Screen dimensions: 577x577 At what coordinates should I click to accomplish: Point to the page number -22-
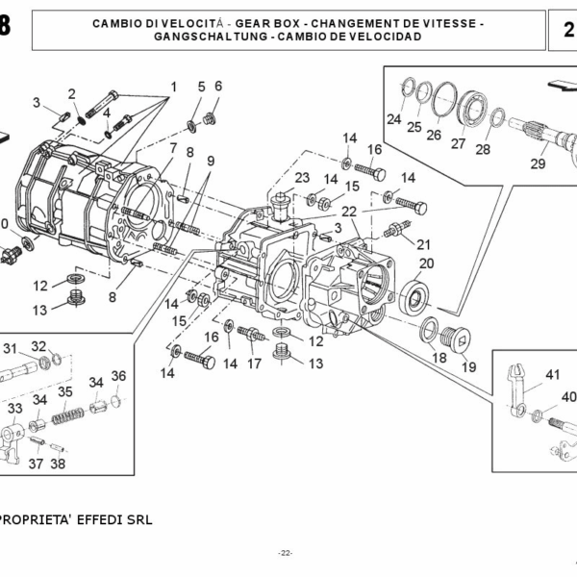click(286, 553)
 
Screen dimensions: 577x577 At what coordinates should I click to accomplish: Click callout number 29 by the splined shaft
click(538, 163)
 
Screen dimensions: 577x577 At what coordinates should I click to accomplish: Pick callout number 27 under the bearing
click(458, 143)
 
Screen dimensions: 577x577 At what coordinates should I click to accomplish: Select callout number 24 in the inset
click(393, 120)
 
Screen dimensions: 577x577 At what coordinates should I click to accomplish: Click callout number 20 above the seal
click(426, 263)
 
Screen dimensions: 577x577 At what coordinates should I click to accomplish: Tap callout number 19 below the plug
click(468, 366)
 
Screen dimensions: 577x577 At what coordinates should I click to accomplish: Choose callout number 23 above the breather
click(302, 178)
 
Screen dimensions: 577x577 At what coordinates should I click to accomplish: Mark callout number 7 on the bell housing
click(173, 148)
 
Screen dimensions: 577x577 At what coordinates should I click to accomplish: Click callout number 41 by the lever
click(552, 375)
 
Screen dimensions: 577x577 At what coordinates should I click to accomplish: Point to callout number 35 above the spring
click(64, 392)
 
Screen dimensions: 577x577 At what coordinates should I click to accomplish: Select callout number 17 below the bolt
click(254, 364)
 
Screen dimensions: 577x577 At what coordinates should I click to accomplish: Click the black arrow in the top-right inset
click(557, 86)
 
